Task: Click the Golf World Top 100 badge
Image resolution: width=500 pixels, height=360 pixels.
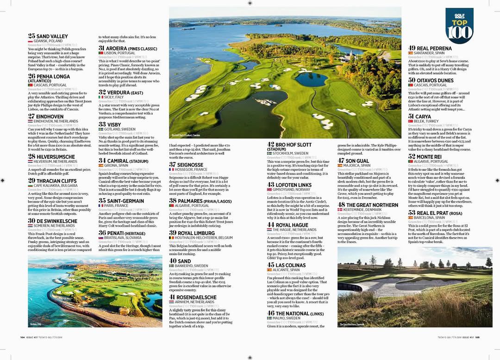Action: (x=459, y=26)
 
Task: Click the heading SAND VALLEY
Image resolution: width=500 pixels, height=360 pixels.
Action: (x=52, y=36)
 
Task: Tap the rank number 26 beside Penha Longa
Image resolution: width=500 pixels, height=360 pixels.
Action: (x=32, y=76)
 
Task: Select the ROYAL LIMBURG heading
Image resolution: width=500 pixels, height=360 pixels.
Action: (x=195, y=233)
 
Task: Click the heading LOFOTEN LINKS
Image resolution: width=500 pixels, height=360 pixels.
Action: (x=294, y=185)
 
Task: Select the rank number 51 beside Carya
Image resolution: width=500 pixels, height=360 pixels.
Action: (x=411, y=117)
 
